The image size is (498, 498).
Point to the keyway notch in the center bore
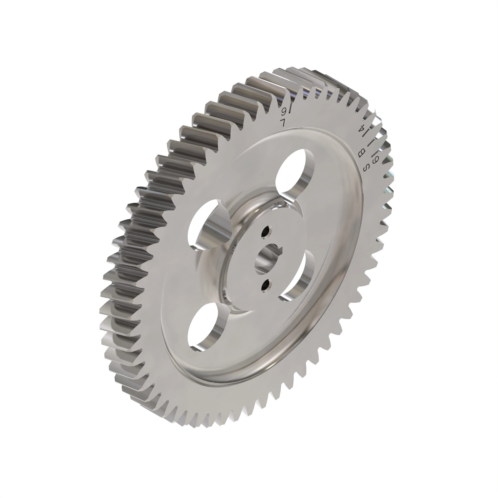pyautogui.click(x=279, y=249)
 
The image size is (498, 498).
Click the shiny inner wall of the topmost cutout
pyautogui.click(x=306, y=175)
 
